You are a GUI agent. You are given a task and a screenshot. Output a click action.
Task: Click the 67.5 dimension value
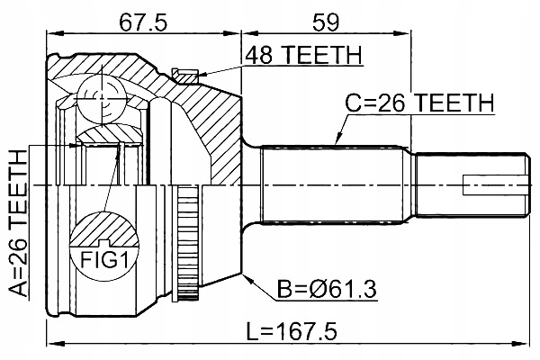coord(143,22)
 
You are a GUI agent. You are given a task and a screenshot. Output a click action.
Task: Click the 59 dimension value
coord(326,22)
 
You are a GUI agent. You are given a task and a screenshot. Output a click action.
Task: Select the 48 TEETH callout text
coord(303,55)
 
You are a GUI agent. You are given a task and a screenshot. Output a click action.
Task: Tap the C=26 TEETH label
coord(419,103)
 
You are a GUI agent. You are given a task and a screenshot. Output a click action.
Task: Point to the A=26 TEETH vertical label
coord(18,223)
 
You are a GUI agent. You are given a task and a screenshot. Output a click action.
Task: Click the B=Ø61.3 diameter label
coord(327,289)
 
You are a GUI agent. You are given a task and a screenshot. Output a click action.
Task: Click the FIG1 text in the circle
coord(104,260)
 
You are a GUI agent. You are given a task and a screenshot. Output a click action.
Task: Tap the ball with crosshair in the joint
coord(101,98)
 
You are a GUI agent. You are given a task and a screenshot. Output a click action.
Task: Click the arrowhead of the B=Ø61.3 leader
coord(247,278)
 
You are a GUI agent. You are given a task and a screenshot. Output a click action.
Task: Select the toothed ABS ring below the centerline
coord(188,242)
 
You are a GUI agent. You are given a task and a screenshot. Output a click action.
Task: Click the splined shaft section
coord(332,185)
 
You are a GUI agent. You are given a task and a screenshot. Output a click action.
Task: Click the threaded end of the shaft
coord(471,185)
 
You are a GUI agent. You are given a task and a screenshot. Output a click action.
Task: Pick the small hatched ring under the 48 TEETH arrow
coord(184,76)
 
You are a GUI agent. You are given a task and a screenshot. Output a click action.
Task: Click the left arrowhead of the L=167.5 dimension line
coord(56,344)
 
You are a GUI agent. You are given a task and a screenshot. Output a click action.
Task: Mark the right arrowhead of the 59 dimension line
coord(402,33)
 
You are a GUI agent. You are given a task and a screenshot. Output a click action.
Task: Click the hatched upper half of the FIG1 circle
coord(104,229)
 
